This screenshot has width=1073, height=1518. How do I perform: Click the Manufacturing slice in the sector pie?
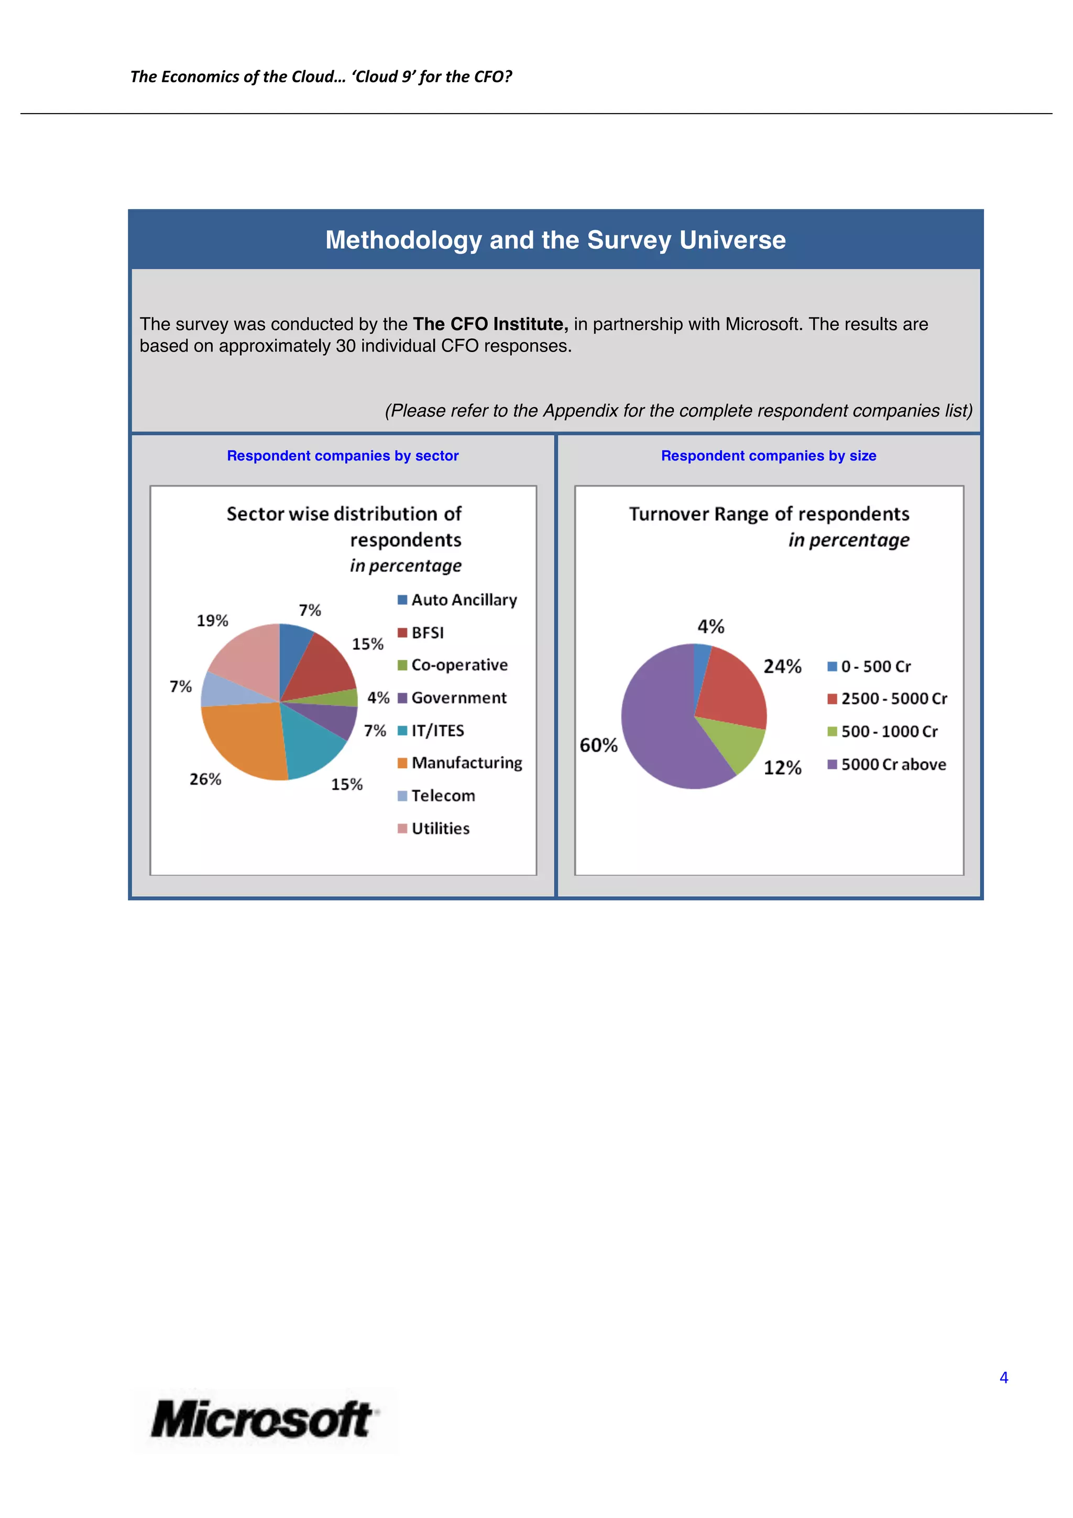(242, 737)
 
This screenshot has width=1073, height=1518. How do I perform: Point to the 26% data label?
(205, 779)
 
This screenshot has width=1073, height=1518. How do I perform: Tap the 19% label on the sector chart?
(212, 620)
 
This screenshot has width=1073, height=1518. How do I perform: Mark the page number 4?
(1004, 1378)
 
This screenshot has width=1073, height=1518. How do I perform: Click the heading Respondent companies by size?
(768, 456)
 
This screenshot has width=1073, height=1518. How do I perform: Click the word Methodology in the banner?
(403, 240)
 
